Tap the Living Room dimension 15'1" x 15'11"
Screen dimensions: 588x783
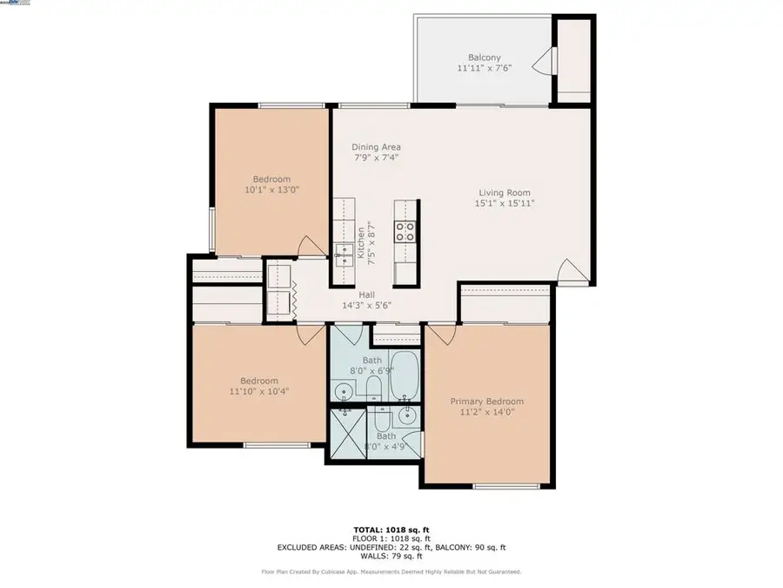504,203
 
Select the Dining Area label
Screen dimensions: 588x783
376,147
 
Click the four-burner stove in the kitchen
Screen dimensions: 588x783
405,231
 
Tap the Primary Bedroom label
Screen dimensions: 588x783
486,402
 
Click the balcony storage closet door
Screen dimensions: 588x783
544,61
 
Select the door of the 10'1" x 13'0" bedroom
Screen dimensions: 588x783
310,247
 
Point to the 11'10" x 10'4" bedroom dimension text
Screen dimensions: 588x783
259,392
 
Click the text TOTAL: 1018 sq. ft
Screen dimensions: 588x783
391,529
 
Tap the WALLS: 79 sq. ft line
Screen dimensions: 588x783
391,556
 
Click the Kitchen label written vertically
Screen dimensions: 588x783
360,243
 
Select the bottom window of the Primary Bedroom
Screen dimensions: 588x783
505,485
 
